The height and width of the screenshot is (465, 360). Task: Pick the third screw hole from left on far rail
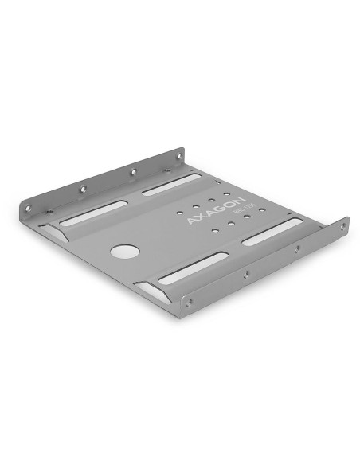(x=133, y=171)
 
